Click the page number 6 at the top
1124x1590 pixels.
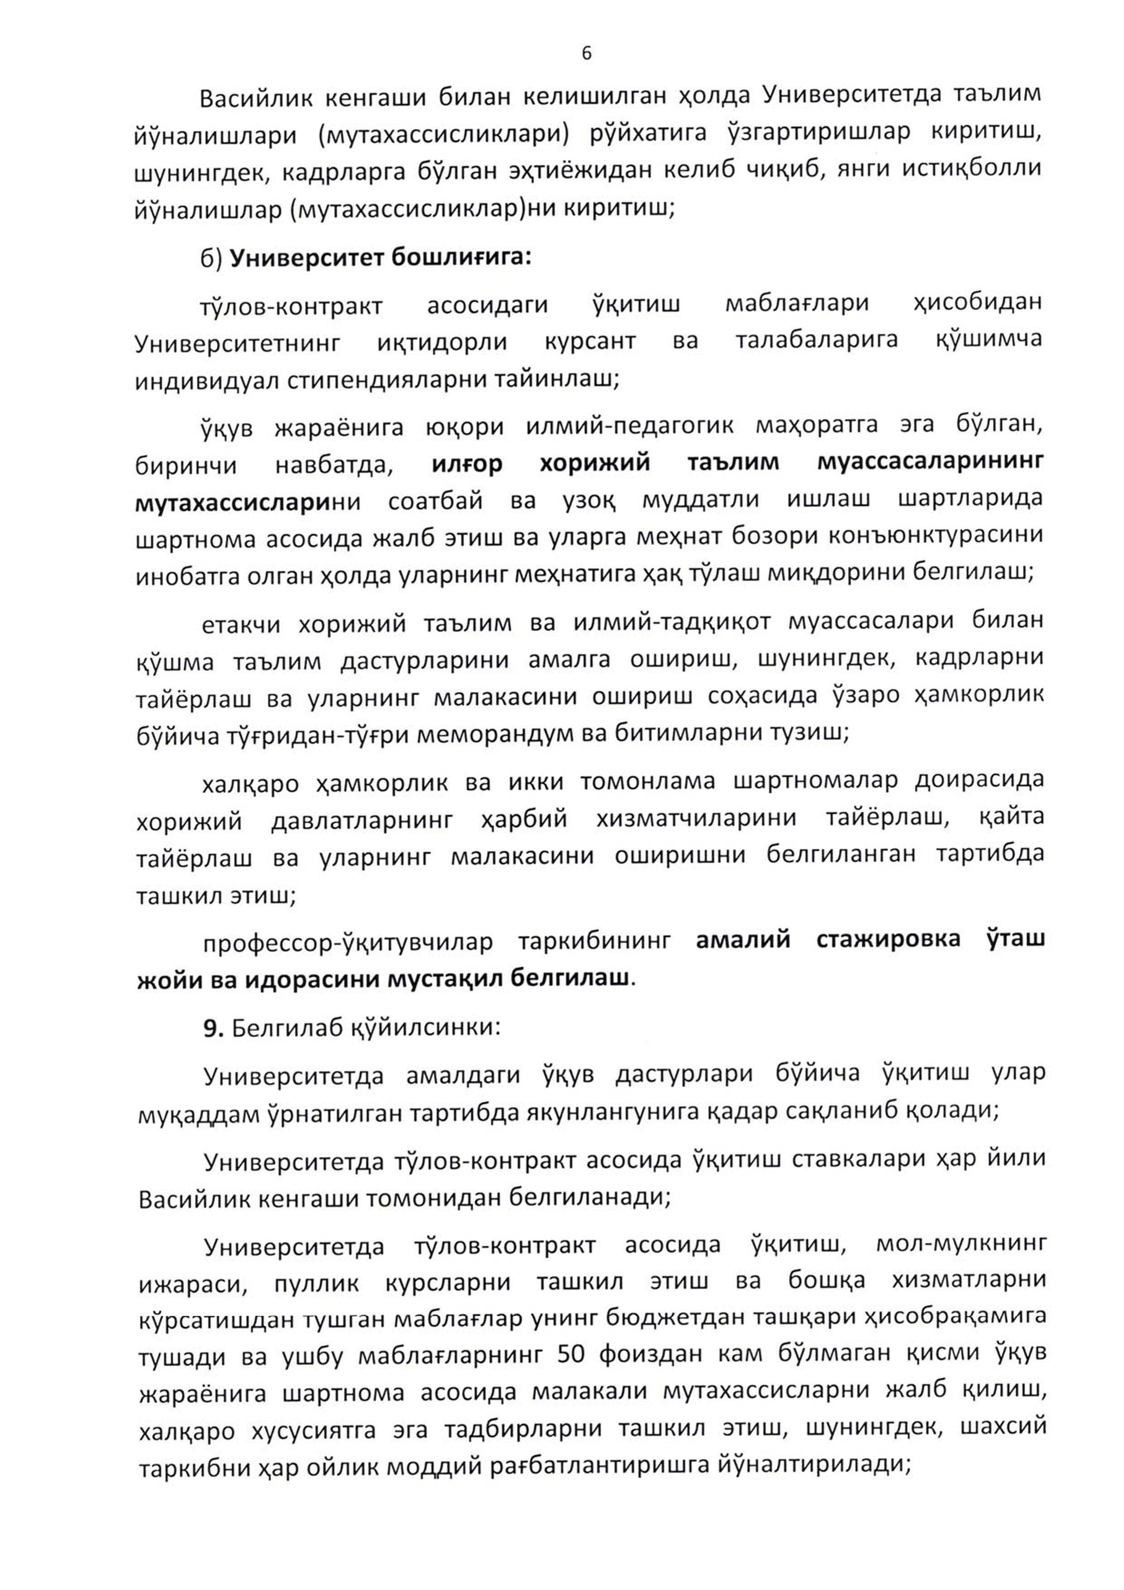[586, 54]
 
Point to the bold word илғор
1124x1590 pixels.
[466, 463]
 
